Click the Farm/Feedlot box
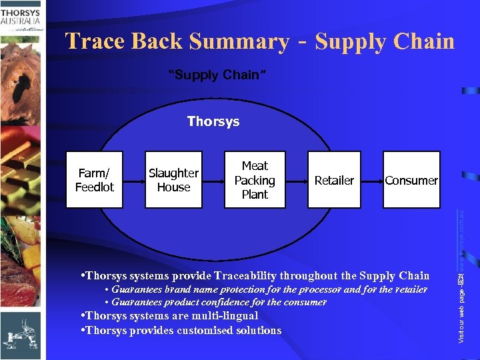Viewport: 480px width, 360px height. click(95, 180)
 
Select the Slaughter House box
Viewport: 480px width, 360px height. click(173, 180)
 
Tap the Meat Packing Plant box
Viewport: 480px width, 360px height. click(255, 180)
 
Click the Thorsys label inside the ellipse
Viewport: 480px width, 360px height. click(213, 121)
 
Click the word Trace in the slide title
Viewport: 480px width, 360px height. click(95, 41)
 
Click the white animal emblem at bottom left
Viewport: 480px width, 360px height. click(20, 333)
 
